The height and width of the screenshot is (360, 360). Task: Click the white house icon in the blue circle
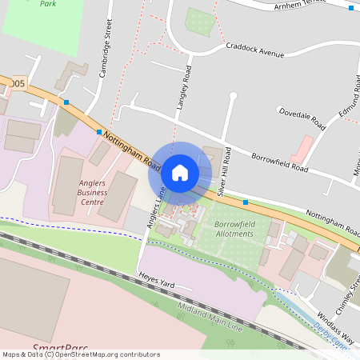[180, 172]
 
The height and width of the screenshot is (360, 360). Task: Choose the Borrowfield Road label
[279, 162]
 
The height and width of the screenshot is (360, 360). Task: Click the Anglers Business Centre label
[93, 193]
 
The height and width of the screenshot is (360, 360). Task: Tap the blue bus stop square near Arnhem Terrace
[350, 8]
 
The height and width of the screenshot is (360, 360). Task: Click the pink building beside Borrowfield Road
[302, 147]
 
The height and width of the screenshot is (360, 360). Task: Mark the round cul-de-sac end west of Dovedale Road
[234, 96]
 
